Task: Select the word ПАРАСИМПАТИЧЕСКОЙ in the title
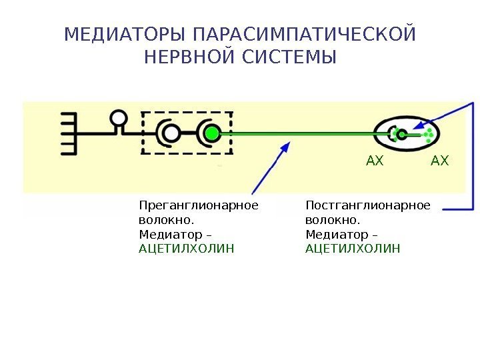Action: [x=303, y=33]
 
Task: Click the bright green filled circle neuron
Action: [x=212, y=133]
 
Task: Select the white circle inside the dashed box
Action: [x=171, y=133]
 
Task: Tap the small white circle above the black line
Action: [x=119, y=118]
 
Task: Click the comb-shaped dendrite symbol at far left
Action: [x=70, y=133]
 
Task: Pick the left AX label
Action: [x=375, y=161]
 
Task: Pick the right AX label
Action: [x=440, y=161]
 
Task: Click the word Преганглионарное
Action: [x=199, y=205]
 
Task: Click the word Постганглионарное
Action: [x=368, y=205]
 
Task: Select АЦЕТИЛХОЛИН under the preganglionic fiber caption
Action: [x=187, y=249]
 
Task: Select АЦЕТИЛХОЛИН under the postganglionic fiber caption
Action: [x=353, y=249]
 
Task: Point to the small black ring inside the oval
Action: [x=402, y=134]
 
